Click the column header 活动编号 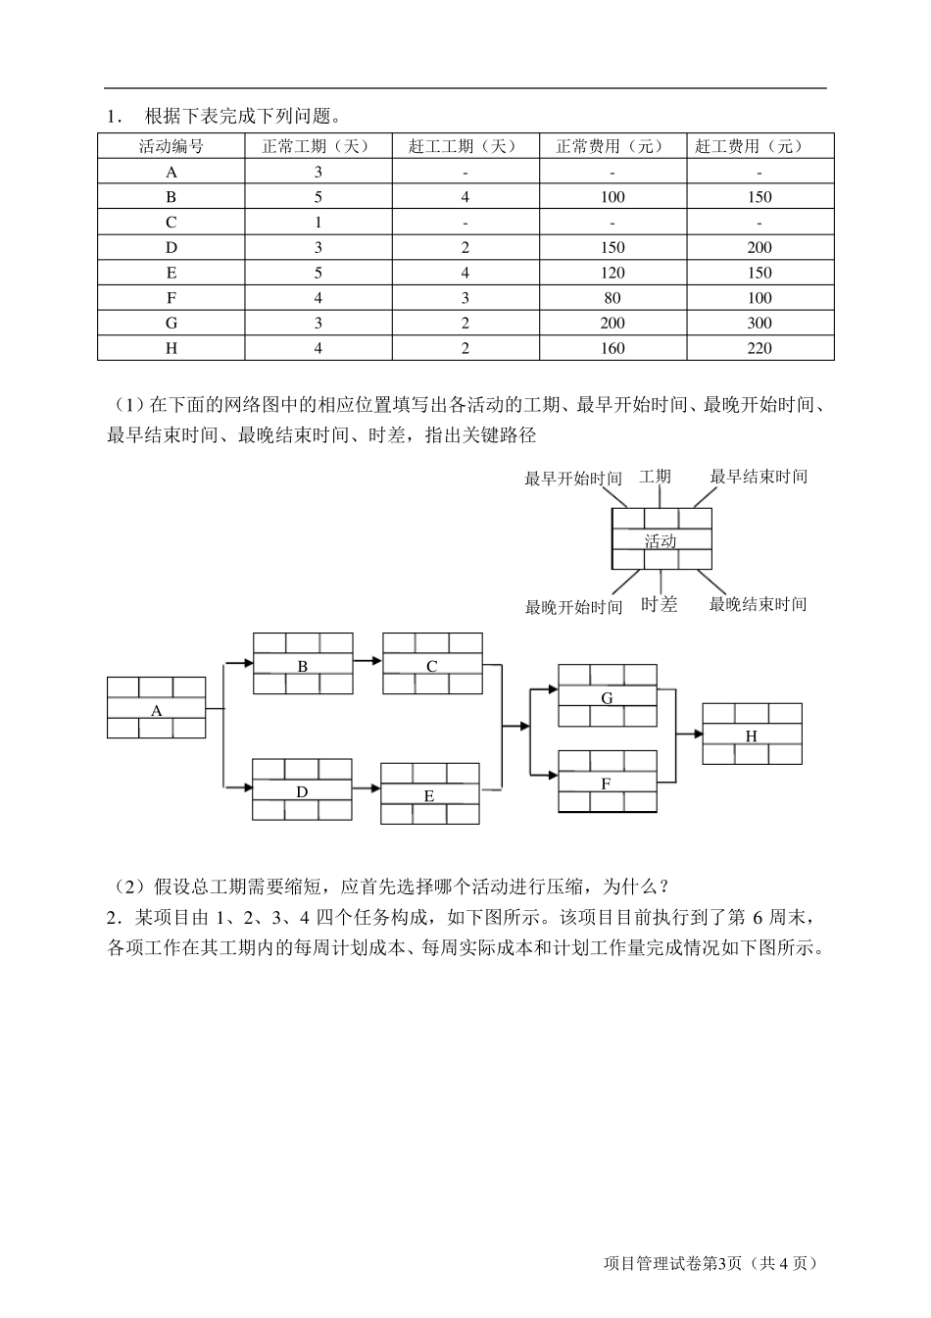tap(171, 146)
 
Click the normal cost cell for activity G tap(612, 323)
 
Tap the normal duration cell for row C tap(318, 223)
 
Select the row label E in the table tap(171, 273)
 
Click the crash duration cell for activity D tap(465, 248)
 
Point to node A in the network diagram tap(157, 709)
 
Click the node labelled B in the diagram tap(303, 666)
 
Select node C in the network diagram tap(432, 666)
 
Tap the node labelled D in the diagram tap(302, 790)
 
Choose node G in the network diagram tap(608, 697)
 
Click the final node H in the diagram tap(752, 735)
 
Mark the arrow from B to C tap(367, 660)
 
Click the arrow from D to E tap(367, 786)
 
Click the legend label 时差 tap(659, 605)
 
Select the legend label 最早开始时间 tap(573, 479)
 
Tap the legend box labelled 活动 tap(661, 540)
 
